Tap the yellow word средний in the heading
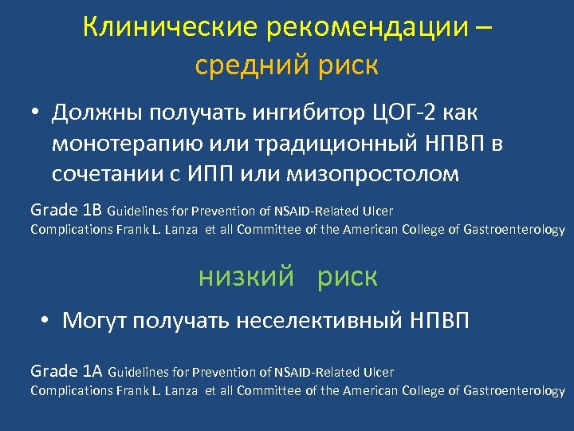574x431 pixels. pyautogui.click(x=241, y=65)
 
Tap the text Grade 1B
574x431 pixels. pyautogui.click(x=66, y=211)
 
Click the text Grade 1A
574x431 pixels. pyautogui.click(x=66, y=370)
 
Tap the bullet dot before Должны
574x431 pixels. pyautogui.click(x=37, y=113)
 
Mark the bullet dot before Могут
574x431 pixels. pyautogui.click(x=48, y=322)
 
